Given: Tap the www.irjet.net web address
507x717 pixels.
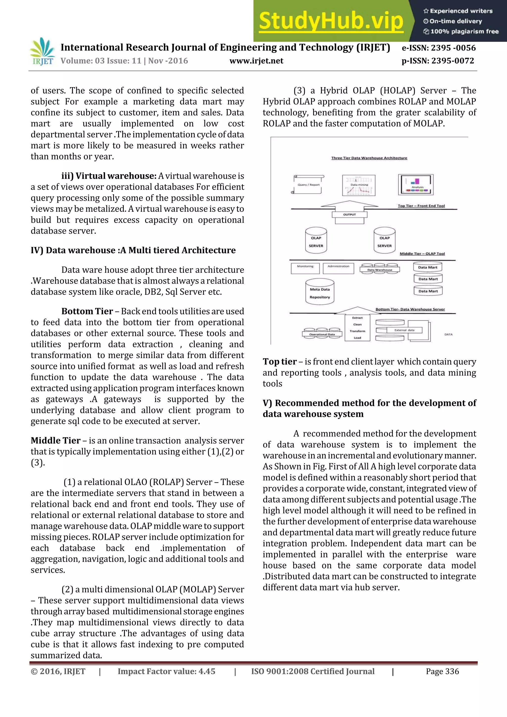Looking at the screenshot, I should pos(256,61).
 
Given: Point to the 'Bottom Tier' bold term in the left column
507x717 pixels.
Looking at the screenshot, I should pos(87,311).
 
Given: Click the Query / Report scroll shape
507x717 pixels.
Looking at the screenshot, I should pos(308,185).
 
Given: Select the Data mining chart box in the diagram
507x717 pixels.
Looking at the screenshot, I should pos(359,185).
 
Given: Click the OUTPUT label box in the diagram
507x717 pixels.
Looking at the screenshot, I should pos(349,215).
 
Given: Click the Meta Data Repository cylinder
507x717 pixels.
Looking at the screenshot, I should pos(320,292).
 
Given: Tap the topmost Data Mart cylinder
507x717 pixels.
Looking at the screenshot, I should pos(428,267).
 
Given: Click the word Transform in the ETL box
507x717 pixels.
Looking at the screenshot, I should pos(357,331).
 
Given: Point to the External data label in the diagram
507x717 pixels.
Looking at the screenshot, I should pos(404,330).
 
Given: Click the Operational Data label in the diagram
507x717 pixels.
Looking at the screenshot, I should pos(322,334).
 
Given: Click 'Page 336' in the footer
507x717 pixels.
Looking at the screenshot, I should pos(442,671).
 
